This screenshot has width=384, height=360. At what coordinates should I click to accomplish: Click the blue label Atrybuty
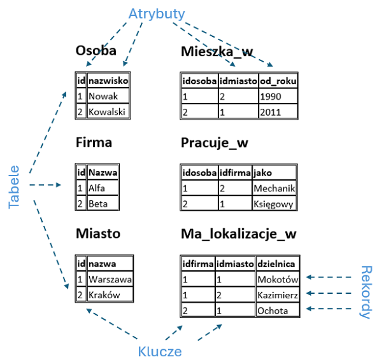(156, 13)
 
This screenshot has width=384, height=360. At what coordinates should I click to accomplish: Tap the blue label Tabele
(14, 187)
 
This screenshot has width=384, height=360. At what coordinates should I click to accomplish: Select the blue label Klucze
(160, 350)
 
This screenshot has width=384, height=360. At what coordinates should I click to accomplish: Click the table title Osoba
(96, 51)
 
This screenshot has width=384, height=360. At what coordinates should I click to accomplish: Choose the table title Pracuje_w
(215, 142)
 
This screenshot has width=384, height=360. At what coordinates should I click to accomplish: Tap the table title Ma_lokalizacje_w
(239, 234)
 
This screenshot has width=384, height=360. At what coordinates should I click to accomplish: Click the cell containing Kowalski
(108, 112)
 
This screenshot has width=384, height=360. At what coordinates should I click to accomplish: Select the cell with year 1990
(278, 97)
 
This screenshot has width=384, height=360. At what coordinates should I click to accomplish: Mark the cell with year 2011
(278, 112)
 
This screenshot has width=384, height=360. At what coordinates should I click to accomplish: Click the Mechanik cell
(274, 188)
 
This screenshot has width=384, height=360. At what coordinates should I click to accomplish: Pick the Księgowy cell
(274, 204)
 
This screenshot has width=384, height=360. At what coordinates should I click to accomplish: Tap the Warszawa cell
(110, 279)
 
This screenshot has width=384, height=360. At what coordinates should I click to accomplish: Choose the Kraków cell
(110, 294)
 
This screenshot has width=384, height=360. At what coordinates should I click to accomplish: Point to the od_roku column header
(278, 81)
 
